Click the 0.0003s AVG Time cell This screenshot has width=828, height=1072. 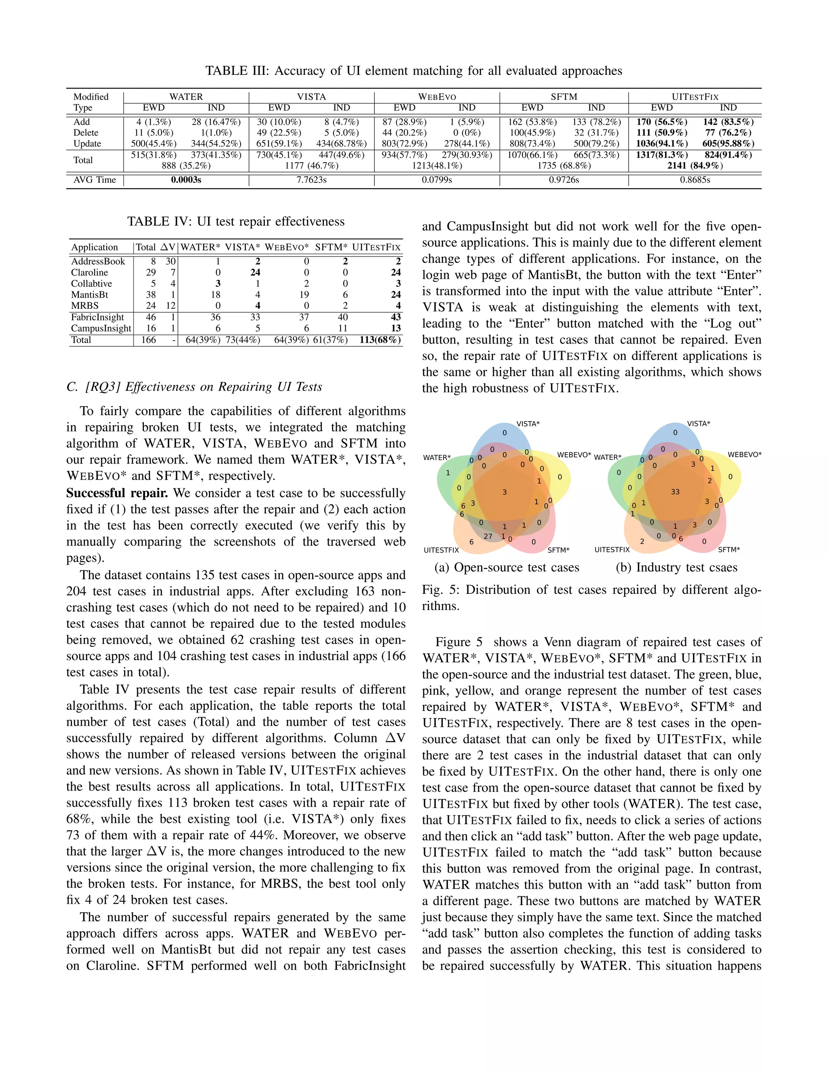186,180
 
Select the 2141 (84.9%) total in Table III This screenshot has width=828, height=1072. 695,165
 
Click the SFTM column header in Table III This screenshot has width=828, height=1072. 564,97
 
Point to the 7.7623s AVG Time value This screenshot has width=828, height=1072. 311,180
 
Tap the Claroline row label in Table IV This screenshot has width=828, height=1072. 89,272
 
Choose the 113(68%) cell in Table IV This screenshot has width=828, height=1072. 380,340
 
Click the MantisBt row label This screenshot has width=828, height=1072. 90,294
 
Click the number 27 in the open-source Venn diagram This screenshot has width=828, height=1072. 488,536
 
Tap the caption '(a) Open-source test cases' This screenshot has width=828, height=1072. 507,568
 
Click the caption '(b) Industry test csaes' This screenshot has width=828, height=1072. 676,568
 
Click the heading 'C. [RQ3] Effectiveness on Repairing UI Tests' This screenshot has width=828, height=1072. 194,387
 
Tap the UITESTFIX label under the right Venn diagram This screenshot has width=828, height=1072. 612,550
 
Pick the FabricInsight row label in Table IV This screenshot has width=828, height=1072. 97,317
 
